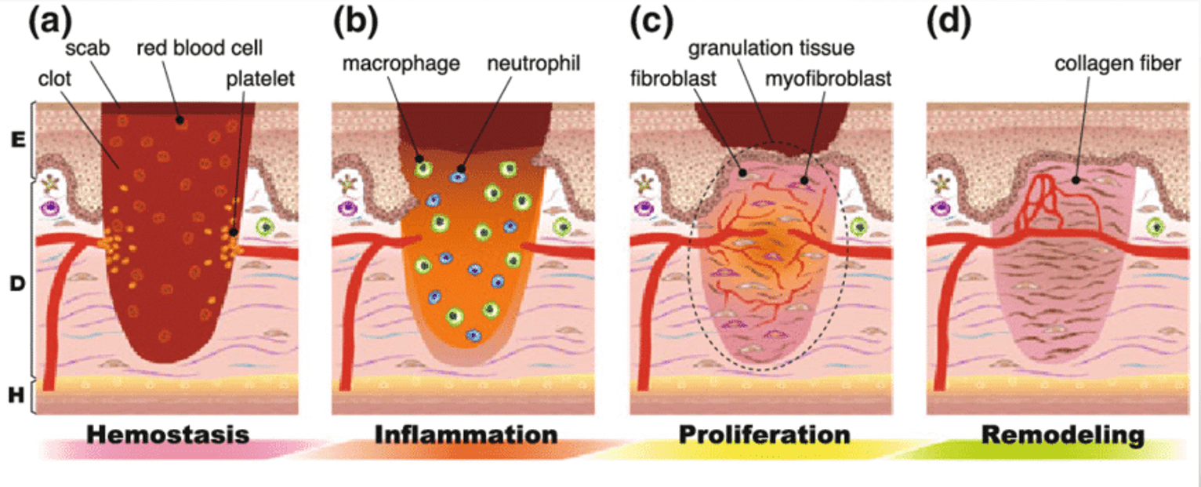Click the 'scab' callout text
pos(82,49)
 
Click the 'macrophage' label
pos(401,64)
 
